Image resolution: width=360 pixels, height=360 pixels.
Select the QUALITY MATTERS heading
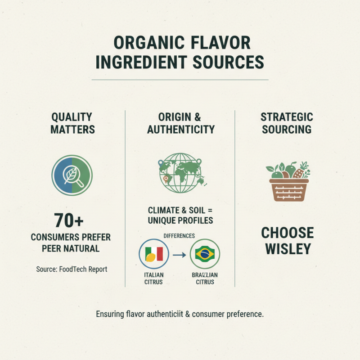click(x=72, y=123)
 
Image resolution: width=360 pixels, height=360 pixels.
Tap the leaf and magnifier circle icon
click(x=72, y=175)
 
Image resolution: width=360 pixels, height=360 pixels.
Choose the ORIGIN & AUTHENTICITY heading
click(x=180, y=123)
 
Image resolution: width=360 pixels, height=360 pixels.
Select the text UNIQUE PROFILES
click(x=180, y=220)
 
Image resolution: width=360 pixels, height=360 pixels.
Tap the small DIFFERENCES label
click(x=180, y=235)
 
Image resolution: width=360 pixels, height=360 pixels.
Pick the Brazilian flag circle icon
click(x=205, y=255)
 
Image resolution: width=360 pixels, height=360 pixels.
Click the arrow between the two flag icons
click(x=180, y=255)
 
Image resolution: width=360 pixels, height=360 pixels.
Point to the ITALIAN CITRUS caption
click(x=154, y=278)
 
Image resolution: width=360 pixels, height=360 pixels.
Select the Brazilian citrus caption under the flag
click(x=205, y=278)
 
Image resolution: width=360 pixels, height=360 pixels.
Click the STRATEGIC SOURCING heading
click(x=287, y=123)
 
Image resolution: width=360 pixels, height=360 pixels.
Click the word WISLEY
click(x=288, y=248)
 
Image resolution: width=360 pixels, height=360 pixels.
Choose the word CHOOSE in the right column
click(x=288, y=233)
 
